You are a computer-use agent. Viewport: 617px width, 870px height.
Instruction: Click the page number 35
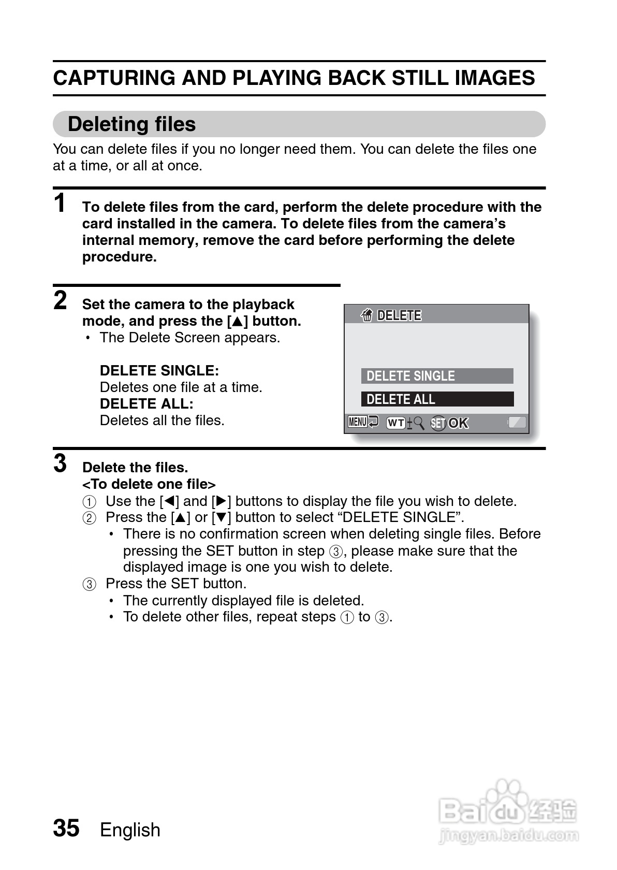click(x=66, y=828)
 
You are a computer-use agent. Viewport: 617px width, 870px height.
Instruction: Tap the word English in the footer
click(x=130, y=830)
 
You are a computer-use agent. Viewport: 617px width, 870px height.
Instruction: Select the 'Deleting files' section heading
click(x=131, y=124)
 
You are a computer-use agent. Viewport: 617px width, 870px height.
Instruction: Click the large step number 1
click(x=61, y=203)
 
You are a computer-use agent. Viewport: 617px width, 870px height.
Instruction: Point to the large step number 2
click(x=61, y=300)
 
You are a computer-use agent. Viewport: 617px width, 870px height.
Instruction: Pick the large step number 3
click(x=61, y=463)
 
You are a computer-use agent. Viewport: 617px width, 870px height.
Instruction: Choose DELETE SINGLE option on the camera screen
click(x=437, y=376)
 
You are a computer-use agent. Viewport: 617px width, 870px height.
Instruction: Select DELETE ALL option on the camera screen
click(x=437, y=399)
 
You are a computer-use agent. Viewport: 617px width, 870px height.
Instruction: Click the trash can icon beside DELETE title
click(x=366, y=315)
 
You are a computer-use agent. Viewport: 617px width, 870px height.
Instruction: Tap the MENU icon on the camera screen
click(x=358, y=422)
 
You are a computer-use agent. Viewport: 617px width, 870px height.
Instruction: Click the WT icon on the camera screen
click(x=396, y=423)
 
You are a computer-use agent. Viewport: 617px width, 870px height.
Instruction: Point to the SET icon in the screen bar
click(x=438, y=424)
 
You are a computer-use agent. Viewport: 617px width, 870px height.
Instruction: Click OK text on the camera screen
click(x=459, y=424)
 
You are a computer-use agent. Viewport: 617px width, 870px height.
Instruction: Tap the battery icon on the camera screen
click(x=517, y=422)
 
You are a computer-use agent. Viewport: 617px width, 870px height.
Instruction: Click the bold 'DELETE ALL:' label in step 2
click(x=146, y=404)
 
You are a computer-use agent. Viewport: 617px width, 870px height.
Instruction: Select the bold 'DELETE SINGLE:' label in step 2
click(x=159, y=371)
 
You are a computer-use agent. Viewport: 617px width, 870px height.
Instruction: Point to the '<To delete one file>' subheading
click(x=149, y=484)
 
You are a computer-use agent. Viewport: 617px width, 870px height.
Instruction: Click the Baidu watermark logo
click(x=507, y=813)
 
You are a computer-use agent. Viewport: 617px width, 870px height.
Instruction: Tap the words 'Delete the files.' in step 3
click(x=135, y=468)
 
